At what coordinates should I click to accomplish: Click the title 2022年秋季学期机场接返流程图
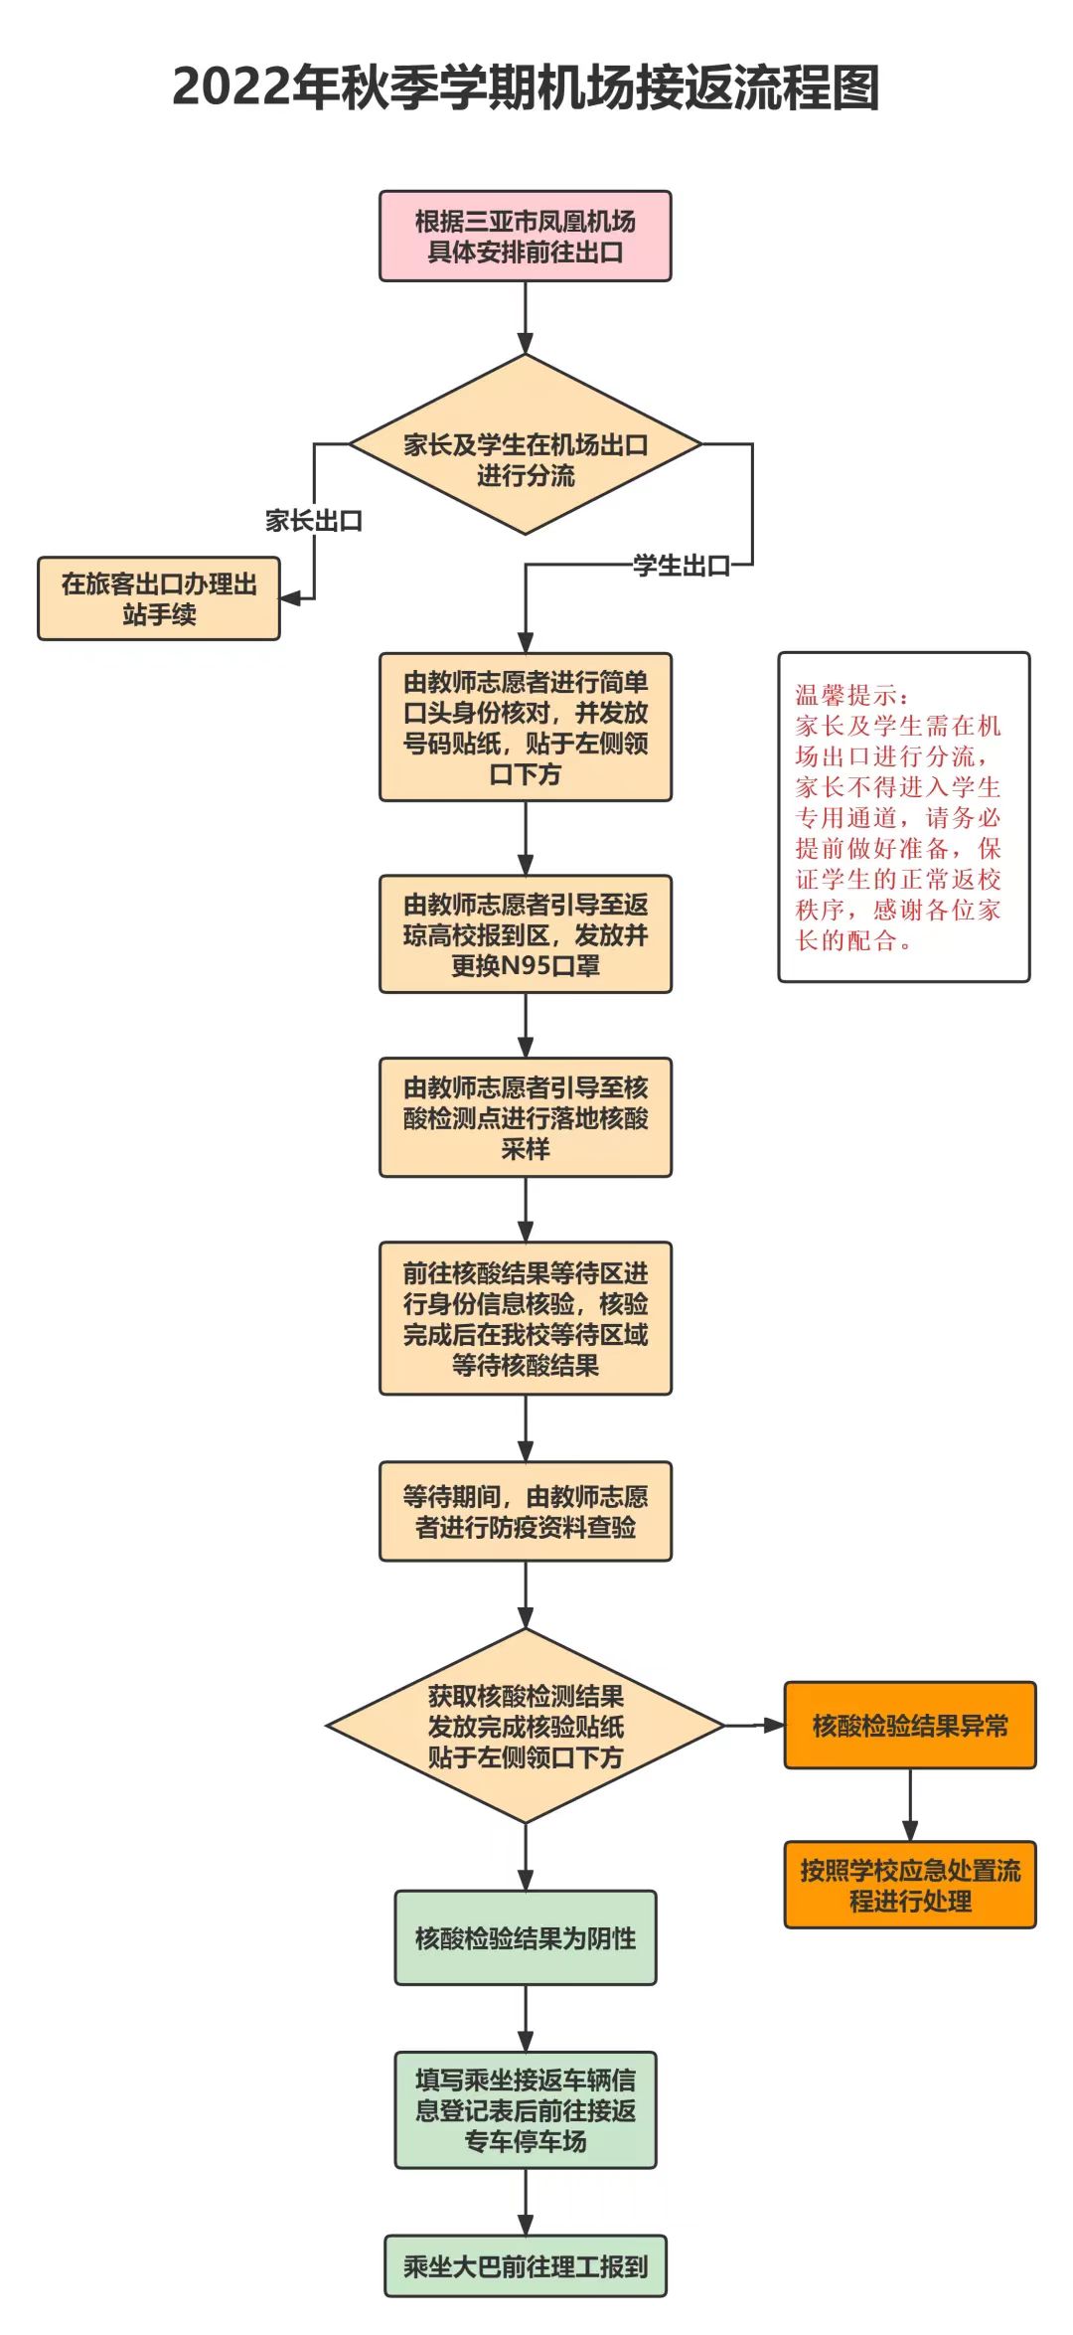(526, 87)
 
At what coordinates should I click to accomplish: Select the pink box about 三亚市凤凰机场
(526, 237)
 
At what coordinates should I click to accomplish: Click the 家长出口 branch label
(314, 521)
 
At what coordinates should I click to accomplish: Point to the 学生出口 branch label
(682, 566)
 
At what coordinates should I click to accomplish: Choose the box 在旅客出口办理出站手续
(159, 598)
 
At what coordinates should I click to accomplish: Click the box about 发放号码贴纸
(526, 728)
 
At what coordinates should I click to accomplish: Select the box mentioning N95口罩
(526, 934)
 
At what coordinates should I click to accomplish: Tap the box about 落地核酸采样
(526, 1118)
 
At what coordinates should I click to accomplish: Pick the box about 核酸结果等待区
(526, 1319)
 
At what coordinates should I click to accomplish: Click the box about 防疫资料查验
(526, 1512)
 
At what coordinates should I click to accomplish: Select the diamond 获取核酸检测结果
(526, 1726)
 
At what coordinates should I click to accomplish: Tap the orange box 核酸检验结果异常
(910, 1726)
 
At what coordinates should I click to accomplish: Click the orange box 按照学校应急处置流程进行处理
(910, 1886)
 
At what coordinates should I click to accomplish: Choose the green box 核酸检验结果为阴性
(526, 1938)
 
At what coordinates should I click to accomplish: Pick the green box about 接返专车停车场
(526, 2110)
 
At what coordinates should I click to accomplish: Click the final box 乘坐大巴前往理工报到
(526, 2267)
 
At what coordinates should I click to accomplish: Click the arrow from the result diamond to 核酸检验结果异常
(755, 1726)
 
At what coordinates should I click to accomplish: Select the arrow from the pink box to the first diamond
(526, 318)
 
